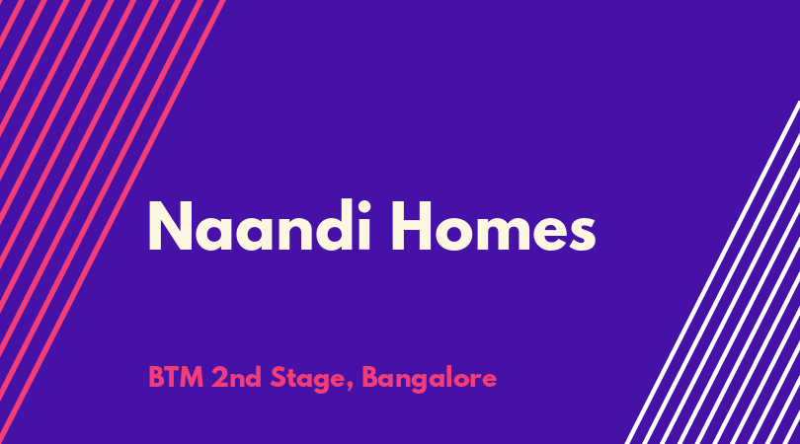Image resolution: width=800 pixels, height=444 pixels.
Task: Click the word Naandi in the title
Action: coord(259,225)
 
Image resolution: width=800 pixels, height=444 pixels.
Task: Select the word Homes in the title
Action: coord(494,225)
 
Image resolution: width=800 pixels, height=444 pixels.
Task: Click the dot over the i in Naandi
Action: coord(362,205)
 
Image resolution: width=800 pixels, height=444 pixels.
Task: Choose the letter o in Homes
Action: coord(456,233)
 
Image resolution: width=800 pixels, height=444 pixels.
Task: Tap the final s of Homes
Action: coord(581,233)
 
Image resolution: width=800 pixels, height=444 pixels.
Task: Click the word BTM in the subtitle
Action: coord(176,378)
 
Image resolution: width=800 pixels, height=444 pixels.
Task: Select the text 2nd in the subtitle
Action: coord(236,378)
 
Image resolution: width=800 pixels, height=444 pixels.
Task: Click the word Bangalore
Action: coord(429,379)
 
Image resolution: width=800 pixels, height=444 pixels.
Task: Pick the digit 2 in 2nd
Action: coord(219,378)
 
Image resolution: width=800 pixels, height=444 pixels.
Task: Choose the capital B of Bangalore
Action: coord(370,378)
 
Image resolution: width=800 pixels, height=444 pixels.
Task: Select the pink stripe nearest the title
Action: coord(113,222)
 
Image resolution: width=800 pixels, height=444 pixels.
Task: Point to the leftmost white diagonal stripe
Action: coord(713,272)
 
